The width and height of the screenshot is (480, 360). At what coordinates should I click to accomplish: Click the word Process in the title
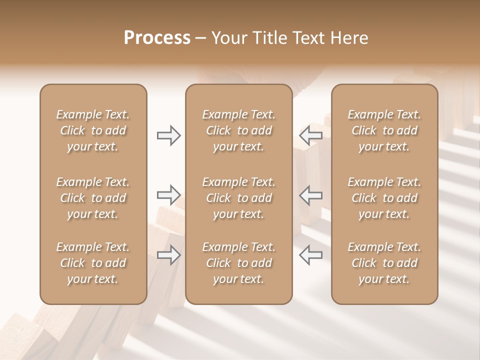pos(157,38)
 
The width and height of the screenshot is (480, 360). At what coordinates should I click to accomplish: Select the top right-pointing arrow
pos(168,135)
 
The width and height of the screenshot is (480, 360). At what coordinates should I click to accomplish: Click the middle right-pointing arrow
pos(168,195)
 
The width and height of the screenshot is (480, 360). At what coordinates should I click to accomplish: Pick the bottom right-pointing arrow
pos(168,255)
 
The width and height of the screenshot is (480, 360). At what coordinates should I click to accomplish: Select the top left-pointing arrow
pos(310,135)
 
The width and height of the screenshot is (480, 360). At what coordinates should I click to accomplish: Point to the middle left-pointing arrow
pos(310,195)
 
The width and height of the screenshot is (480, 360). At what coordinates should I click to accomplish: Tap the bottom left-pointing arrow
pos(310,255)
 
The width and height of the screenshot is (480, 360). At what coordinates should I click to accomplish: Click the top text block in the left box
pos(93,130)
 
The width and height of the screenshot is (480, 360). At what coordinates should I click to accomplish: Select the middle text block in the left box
pos(93,198)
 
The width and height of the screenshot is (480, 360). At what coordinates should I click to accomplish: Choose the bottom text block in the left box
pos(93,263)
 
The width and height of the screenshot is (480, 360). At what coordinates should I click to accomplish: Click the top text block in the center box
pos(238,130)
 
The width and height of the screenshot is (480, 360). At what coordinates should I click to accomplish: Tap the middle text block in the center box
pos(238,198)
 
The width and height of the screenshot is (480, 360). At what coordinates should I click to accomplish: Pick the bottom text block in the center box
pos(238,263)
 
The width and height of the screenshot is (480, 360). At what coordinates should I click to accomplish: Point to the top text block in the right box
pos(384,130)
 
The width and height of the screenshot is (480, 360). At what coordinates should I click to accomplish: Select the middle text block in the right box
pos(384,198)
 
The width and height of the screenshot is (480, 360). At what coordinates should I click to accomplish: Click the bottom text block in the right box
pos(384,263)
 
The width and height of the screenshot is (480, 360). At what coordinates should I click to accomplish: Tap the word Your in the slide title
pos(228,38)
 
